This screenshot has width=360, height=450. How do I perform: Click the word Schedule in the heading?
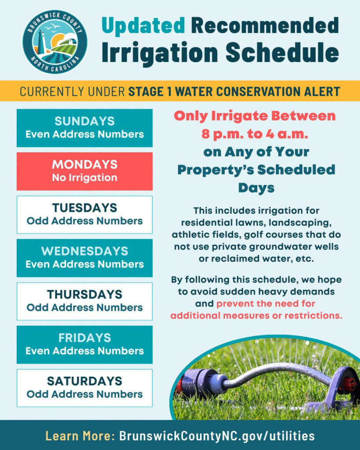[x=282, y=53]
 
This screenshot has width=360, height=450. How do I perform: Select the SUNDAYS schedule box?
[x=85, y=128]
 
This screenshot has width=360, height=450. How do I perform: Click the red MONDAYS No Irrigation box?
[x=85, y=171]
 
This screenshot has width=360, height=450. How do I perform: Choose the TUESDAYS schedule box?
[x=85, y=214]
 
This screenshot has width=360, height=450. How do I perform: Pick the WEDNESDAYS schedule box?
[x=85, y=258]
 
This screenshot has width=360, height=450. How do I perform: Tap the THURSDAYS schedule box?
[x=85, y=301]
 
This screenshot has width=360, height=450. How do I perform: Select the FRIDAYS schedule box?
[x=85, y=345]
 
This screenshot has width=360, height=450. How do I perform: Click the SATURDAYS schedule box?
[x=85, y=388]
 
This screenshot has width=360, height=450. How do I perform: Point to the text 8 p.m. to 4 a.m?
[x=255, y=134]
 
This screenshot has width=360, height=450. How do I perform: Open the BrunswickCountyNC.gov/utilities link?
[x=217, y=436]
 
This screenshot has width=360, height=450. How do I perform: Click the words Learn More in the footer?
[x=80, y=436]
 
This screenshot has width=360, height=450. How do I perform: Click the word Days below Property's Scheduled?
[x=256, y=188]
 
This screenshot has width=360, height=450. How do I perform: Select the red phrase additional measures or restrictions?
[x=256, y=316]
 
